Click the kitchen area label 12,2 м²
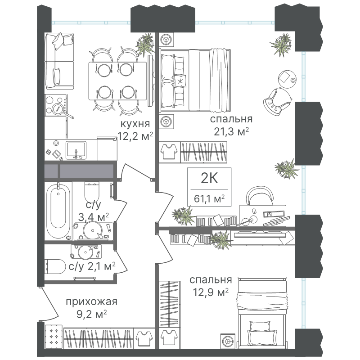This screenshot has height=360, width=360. [x=135, y=136]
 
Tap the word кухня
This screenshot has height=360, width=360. [x=135, y=124]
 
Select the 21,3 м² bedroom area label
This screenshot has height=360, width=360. [x=231, y=131]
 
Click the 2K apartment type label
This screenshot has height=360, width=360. [x=209, y=178]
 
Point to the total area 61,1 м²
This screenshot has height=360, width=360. [x=209, y=198]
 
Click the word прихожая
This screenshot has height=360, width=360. [x=92, y=301]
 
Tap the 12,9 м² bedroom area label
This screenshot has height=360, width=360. [x=211, y=292]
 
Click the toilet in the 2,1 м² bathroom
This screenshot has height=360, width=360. [x=55, y=266]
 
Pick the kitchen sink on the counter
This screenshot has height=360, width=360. [x=76, y=150]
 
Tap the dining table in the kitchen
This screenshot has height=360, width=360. [x=118, y=81]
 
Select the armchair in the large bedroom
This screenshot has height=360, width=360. [x=278, y=100]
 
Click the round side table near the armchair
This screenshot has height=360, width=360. [x=287, y=78]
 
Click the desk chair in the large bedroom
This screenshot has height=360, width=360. [x=260, y=195]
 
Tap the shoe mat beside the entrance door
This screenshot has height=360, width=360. [x=54, y=336]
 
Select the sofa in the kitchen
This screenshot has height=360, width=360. [x=60, y=61]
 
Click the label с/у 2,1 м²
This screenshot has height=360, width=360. [x=92, y=266]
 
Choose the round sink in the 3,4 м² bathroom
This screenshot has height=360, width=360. [x=93, y=230]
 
